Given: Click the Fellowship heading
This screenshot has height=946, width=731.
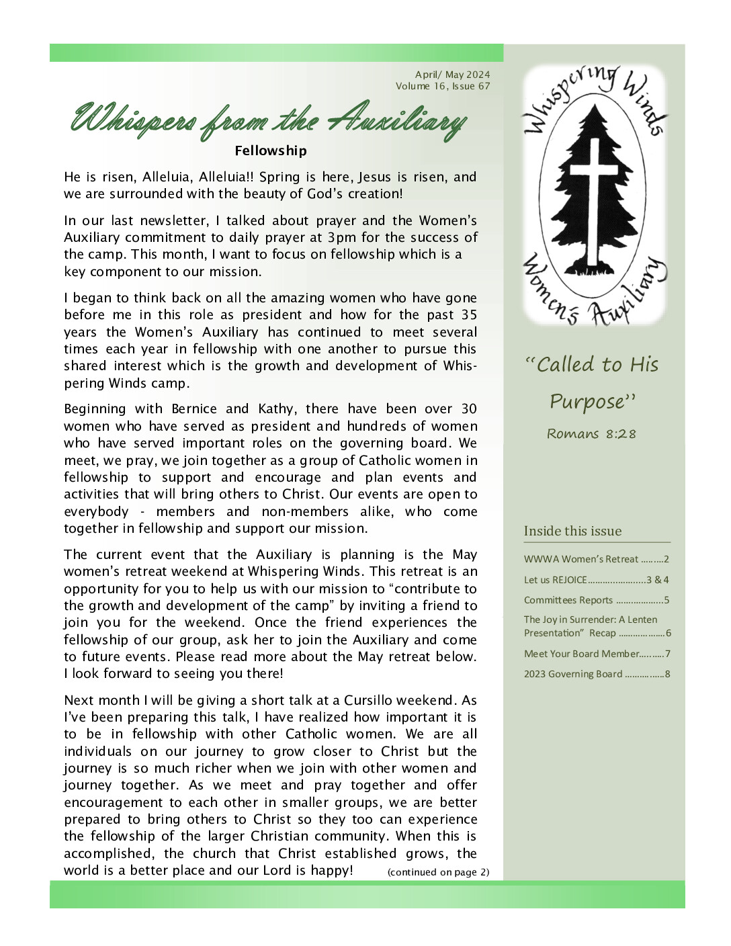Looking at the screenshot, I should tap(271, 151).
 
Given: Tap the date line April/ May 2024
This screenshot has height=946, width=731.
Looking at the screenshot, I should tap(452, 75).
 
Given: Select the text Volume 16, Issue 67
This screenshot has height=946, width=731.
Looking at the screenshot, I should tap(443, 86).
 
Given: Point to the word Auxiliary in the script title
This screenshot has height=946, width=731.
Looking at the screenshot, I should tap(396, 121).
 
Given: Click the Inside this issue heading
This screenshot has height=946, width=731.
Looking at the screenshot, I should tap(572, 531).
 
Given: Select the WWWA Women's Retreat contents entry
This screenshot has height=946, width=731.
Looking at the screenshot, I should tap(581, 559).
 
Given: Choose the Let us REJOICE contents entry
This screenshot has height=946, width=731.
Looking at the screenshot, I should tap(556, 580).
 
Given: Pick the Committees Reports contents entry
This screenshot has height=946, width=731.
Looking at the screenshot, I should tap(568, 600).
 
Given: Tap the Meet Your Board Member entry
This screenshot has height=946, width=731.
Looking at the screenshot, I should tap(582, 654).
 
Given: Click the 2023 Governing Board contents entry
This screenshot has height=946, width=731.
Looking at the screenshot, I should tap(573, 674).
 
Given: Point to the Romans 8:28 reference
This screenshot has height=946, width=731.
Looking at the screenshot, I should tap(591, 434).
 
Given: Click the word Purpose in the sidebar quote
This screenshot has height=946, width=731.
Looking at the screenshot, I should tap(588, 402).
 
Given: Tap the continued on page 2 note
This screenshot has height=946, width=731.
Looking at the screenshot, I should tap(438, 872).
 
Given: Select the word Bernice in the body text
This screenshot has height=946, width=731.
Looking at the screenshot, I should tap(194, 409).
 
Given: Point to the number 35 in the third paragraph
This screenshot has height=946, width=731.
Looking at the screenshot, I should tap(469, 315).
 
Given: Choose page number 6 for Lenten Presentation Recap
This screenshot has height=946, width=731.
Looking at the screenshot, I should tap(669, 633).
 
